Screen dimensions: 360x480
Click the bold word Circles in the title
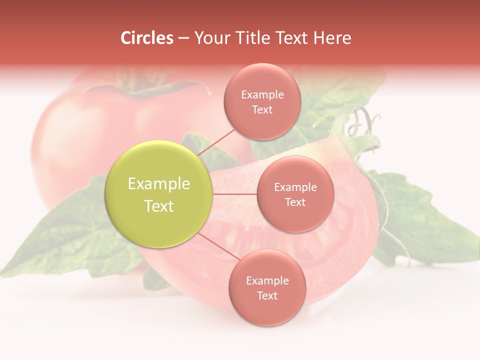click(x=146, y=38)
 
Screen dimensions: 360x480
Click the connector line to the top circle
click(x=216, y=142)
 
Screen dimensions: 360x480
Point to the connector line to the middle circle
click(x=235, y=194)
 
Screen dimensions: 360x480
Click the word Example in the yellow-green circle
click(x=159, y=184)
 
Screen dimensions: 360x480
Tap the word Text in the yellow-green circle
click(x=159, y=206)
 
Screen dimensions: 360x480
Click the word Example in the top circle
click(x=262, y=95)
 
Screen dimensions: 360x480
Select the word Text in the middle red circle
click(x=295, y=202)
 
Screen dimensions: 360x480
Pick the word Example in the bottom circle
click(x=267, y=280)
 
